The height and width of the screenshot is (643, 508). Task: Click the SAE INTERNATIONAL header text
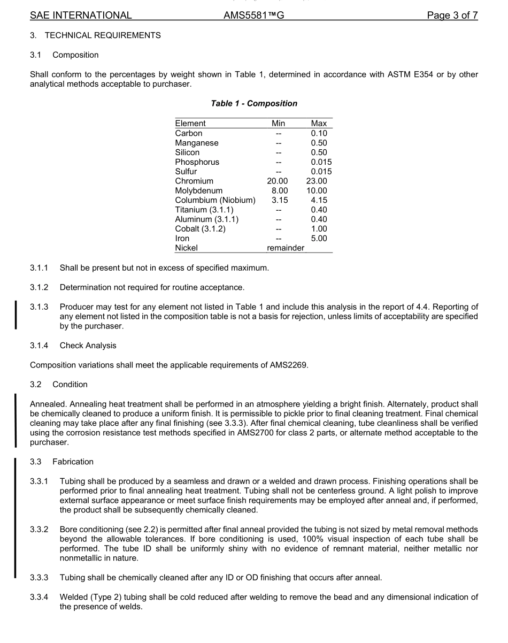pyautogui.click(x=81, y=16)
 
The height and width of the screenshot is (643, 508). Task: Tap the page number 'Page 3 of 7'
pyautogui.click(x=452, y=16)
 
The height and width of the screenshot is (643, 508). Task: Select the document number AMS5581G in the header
pyautogui.click(x=253, y=16)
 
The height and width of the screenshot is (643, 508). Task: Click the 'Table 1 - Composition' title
pyautogui.click(x=254, y=103)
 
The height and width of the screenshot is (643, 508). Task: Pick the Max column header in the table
pyautogui.click(x=319, y=124)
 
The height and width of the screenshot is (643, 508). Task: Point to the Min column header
pyautogui.click(x=278, y=124)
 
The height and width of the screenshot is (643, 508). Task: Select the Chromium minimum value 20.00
pyautogui.click(x=278, y=181)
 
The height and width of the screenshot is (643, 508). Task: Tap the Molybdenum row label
pyautogui.click(x=198, y=191)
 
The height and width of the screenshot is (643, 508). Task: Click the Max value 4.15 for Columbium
pyautogui.click(x=319, y=201)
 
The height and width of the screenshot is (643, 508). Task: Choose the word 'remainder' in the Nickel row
pyautogui.click(x=286, y=248)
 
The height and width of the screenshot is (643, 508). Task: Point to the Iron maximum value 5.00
pyautogui.click(x=319, y=239)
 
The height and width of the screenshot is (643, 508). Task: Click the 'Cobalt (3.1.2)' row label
pyautogui.click(x=200, y=229)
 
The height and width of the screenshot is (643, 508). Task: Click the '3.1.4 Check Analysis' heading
pyautogui.click(x=73, y=346)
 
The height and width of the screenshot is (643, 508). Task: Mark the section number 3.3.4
pyautogui.click(x=39, y=597)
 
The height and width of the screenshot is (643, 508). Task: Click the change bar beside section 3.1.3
pyautogui.click(x=16, y=316)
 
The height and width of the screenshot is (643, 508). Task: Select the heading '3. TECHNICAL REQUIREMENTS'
pyautogui.click(x=95, y=35)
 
